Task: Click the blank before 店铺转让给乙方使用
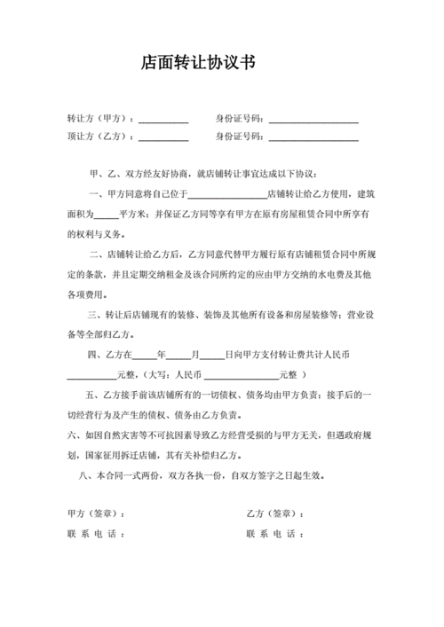[227, 197]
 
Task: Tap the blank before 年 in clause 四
[144, 356]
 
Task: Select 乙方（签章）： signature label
[276, 514]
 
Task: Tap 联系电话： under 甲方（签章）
[96, 534]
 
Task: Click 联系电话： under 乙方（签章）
[276, 534]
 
